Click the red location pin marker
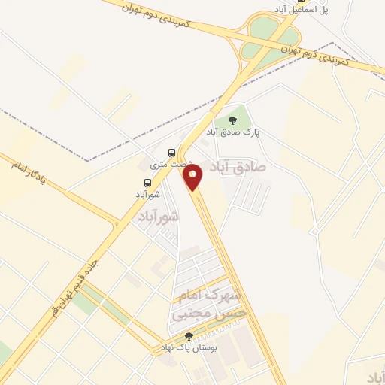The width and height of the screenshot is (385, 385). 193,177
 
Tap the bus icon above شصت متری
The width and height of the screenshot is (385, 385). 172,153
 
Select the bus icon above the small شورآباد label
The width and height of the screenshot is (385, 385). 147,182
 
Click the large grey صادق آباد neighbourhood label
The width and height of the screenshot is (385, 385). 238,165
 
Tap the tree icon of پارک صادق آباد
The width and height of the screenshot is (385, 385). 232,119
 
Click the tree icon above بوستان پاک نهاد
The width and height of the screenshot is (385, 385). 189,336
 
